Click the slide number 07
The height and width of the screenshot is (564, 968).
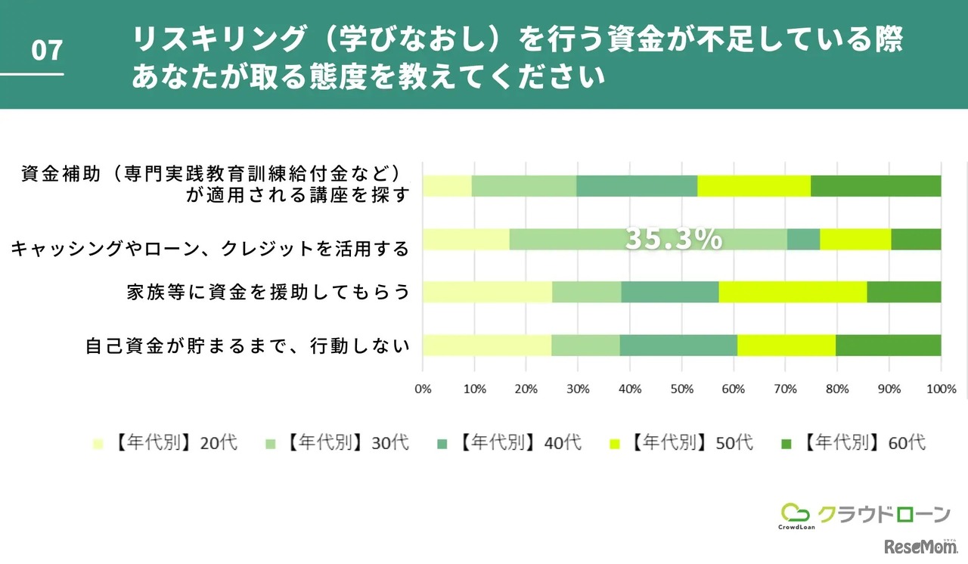pyautogui.click(x=46, y=51)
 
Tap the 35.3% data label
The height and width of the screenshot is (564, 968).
pyautogui.click(x=673, y=239)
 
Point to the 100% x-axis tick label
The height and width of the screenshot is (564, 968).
pyautogui.click(x=940, y=389)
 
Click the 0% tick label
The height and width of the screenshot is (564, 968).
pyautogui.click(x=423, y=389)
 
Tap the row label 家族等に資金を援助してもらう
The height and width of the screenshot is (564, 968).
pyautogui.click(x=268, y=293)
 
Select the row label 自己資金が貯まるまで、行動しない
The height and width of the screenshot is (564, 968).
pyautogui.click(x=247, y=346)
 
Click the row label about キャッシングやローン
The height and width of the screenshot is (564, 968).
pyautogui.click(x=209, y=248)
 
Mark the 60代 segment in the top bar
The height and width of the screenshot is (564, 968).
pyautogui.click(x=876, y=186)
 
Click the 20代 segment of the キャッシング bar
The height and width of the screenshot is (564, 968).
pyautogui.click(x=466, y=239)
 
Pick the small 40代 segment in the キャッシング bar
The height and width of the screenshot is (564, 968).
pyautogui.click(x=803, y=239)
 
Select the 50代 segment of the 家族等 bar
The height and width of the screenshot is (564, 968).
pyautogui.click(x=793, y=292)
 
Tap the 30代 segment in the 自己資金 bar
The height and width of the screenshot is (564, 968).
pyautogui.click(x=585, y=345)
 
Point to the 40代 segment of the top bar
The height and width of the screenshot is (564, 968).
pyautogui.click(x=637, y=186)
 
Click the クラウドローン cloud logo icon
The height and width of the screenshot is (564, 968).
pyautogui.click(x=795, y=513)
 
